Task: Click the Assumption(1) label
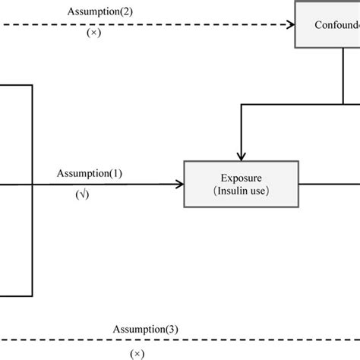click(89, 174)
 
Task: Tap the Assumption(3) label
click(145, 330)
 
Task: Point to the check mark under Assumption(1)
click(82, 195)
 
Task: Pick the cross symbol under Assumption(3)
click(137, 353)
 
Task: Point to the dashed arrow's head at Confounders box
click(290, 25)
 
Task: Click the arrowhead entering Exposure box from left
click(180, 184)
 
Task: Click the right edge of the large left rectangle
click(33, 190)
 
